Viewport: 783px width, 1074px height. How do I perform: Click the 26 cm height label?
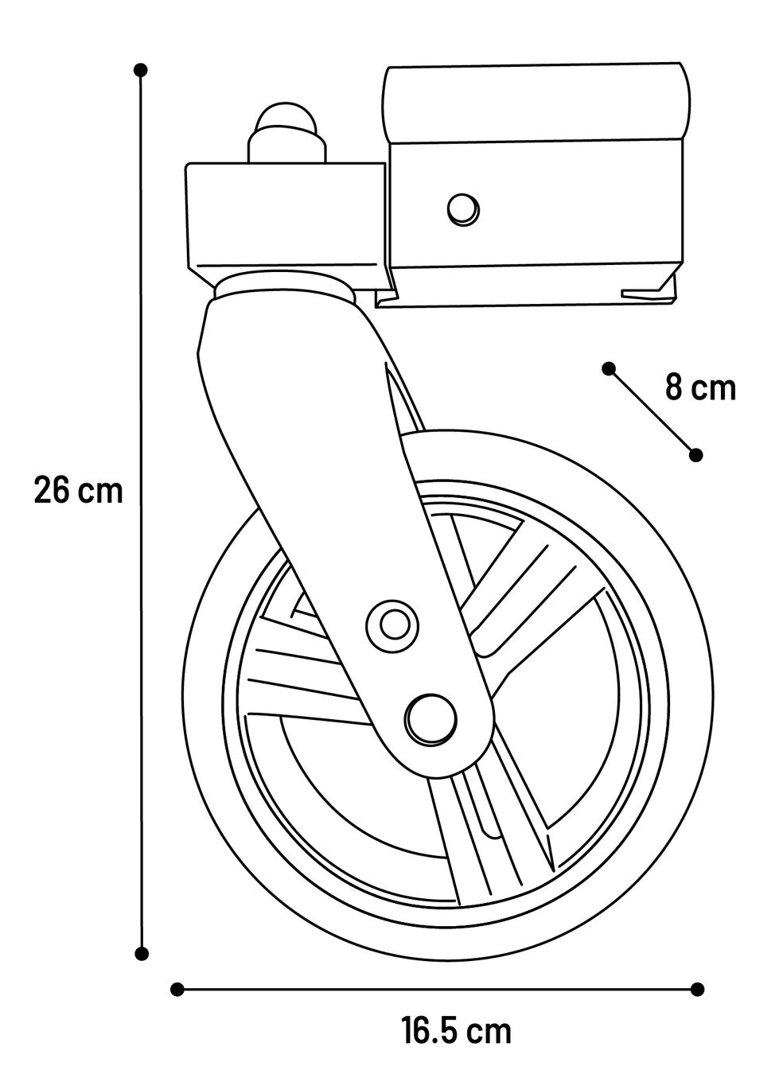coord(79,490)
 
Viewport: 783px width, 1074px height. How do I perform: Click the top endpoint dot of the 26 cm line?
coord(141,70)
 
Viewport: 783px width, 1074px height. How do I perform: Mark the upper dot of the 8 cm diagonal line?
coord(609,368)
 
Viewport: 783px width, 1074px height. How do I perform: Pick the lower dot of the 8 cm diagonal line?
coord(695,455)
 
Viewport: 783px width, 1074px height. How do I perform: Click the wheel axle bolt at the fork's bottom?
coord(430,719)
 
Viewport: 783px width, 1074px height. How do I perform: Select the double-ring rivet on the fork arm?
coord(391,625)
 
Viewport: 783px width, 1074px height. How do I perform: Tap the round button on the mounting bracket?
coord(463,209)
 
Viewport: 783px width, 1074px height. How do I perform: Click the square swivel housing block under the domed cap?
coord(286,225)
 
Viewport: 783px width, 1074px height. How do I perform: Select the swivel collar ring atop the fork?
coord(284,286)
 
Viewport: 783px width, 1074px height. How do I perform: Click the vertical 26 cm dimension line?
coord(141,512)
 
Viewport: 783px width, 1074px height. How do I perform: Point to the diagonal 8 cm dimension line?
coord(652,411)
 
